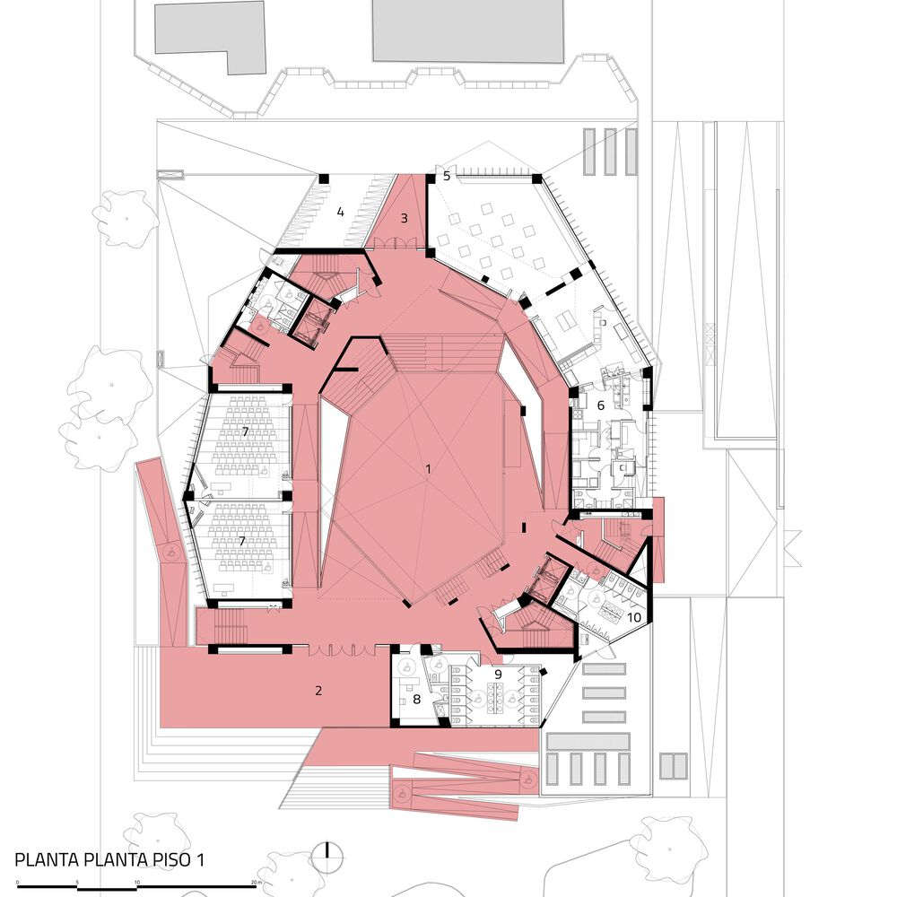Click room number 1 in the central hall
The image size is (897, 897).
428,468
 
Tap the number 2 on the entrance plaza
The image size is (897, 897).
318,690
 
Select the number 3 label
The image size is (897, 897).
404,218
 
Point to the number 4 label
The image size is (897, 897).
340,213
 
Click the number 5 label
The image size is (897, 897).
447,176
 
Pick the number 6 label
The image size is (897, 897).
601,405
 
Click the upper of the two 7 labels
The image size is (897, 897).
245,431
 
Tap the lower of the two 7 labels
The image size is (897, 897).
242,541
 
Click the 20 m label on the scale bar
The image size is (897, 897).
256,883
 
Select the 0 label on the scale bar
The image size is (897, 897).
17,883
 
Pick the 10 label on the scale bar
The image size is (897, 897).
136,883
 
